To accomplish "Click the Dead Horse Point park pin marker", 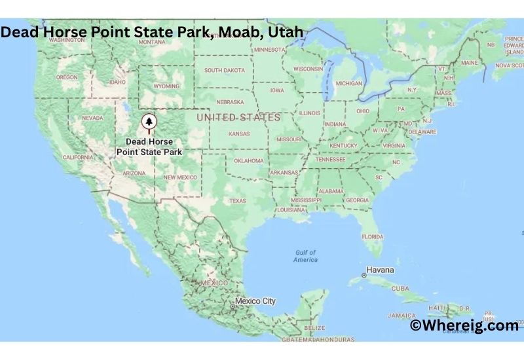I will click(x=149, y=122).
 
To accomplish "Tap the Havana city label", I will click(x=380, y=270).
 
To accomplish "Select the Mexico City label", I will click(x=255, y=301).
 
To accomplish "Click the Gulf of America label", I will click(x=306, y=256).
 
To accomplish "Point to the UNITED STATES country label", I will click(x=238, y=117).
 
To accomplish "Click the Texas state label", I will click(x=237, y=200).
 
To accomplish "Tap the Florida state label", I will click(x=373, y=236).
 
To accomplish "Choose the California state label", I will click(x=77, y=157).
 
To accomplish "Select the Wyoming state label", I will click(x=166, y=86).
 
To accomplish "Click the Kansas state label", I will click(x=238, y=134).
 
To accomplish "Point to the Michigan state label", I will click(x=348, y=83).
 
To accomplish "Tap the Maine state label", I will click(x=469, y=63).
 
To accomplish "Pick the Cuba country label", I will click(x=400, y=288).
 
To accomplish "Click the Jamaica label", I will click(x=401, y=315).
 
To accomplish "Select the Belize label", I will click(x=315, y=327).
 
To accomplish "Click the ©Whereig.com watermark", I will click(x=464, y=325).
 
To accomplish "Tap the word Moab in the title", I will click(x=238, y=32).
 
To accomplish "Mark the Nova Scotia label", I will click(x=510, y=65).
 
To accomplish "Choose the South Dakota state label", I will click(x=225, y=70).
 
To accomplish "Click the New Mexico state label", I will click(x=180, y=177).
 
